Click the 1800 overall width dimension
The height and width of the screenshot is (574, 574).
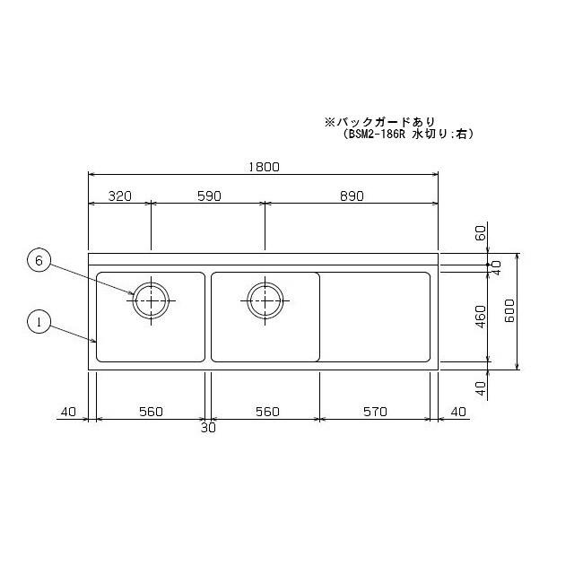(263, 167)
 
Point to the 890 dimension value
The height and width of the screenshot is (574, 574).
(351, 197)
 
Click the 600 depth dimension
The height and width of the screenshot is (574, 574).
(508, 311)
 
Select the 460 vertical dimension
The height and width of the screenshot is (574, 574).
(480, 316)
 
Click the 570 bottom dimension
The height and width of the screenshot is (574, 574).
(374, 412)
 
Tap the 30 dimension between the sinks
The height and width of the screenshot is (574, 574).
(208, 428)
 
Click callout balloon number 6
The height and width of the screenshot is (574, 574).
(38, 261)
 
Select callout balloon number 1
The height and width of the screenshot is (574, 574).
(38, 321)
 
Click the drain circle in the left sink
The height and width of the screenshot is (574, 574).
(151, 300)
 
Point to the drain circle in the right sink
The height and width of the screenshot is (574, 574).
(265, 300)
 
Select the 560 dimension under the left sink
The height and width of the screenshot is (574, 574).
(151, 412)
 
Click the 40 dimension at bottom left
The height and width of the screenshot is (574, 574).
(69, 412)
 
